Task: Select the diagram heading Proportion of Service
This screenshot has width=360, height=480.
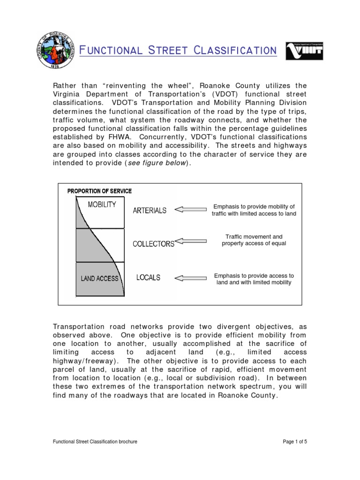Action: [99, 191]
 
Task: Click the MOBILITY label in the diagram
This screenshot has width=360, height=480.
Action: [102, 204]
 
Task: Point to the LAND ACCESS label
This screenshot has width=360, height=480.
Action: [100, 278]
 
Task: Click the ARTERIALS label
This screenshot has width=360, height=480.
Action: [150, 210]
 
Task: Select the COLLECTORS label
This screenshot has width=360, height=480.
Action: [153, 244]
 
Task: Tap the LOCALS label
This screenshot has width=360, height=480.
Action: [148, 277]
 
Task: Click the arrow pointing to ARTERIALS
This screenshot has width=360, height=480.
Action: [190, 210]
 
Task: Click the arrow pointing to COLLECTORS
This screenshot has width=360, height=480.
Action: [190, 243]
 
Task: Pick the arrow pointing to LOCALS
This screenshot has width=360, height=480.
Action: [190, 277]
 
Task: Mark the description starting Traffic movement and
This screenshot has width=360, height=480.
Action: [254, 240]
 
